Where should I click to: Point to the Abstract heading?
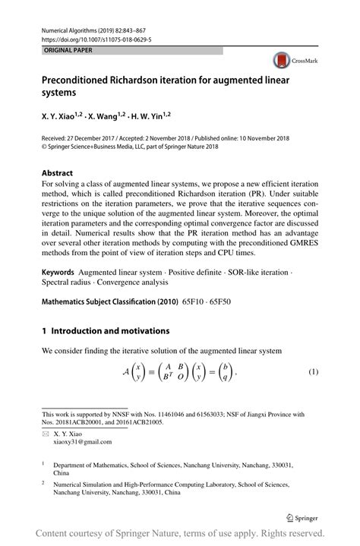63,172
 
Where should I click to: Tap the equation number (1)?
312,372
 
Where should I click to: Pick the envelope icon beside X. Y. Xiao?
46,432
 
